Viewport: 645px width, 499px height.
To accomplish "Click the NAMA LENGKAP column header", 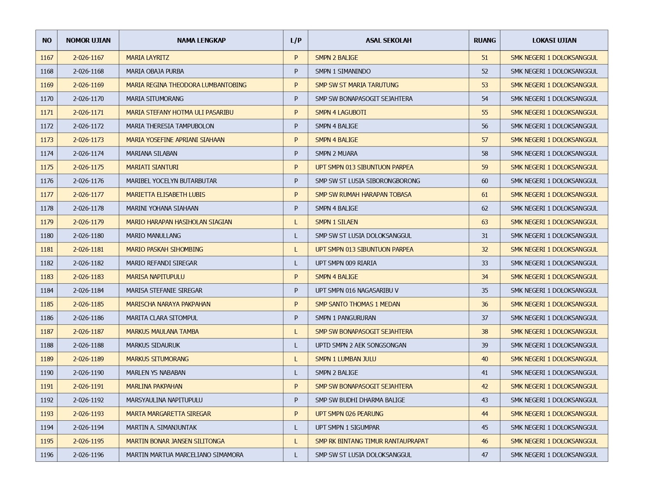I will (x=201, y=40).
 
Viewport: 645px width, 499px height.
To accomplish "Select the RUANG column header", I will (x=484, y=40).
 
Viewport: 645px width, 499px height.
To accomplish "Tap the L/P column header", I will (x=296, y=40).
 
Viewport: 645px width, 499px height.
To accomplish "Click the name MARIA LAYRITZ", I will (x=147, y=58).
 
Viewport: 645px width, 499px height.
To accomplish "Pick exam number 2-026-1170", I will (x=88, y=99).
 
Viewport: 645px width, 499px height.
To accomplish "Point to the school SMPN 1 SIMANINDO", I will (x=343, y=71).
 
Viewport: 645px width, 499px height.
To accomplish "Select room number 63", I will (x=484, y=222).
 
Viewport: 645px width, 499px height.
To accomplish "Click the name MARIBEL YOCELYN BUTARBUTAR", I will (x=171, y=181).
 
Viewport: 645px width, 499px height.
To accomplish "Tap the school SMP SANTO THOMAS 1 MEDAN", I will (x=357, y=304).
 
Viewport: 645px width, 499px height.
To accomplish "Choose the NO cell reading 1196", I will (x=47, y=455).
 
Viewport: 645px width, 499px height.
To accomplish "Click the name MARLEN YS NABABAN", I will (x=156, y=373).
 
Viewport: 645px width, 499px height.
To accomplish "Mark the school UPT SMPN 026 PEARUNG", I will (x=349, y=414).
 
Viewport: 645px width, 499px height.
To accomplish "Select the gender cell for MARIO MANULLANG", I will (x=296, y=236).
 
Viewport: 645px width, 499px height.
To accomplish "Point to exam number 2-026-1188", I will (x=88, y=345).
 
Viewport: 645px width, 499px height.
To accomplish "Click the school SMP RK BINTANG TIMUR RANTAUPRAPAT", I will (x=371, y=441).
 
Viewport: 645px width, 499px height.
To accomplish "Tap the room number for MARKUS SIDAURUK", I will (x=484, y=345).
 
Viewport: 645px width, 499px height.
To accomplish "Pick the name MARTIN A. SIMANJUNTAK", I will (x=161, y=427).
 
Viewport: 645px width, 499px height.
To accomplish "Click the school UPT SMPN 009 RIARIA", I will (x=346, y=263).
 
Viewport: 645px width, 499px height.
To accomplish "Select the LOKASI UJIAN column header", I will (x=554, y=40).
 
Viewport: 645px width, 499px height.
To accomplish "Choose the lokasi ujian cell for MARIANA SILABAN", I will (x=554, y=153).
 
